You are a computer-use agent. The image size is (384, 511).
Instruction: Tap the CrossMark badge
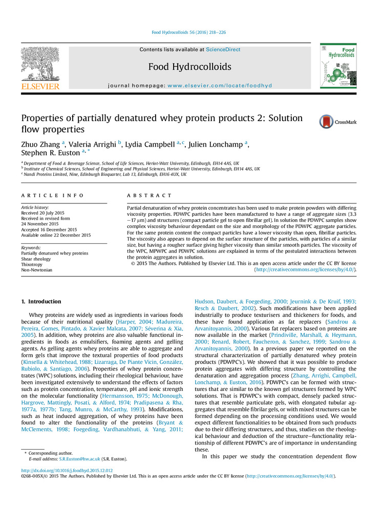(338, 122)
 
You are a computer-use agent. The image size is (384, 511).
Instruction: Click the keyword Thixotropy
(33, 265)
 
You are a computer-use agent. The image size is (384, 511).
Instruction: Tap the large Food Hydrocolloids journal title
(189, 67)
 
